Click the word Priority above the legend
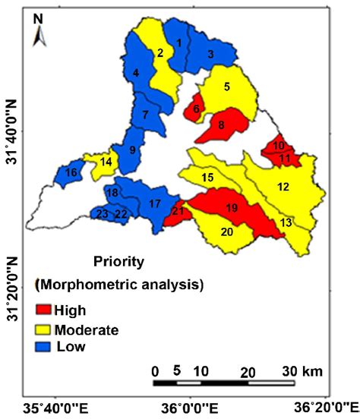point(118,262)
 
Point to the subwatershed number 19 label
point(232,207)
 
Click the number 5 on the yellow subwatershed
point(227,87)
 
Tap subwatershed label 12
point(283,187)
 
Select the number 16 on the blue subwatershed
point(71,173)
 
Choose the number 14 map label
point(106,162)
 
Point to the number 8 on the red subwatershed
point(221,124)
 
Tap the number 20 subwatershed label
point(227,232)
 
